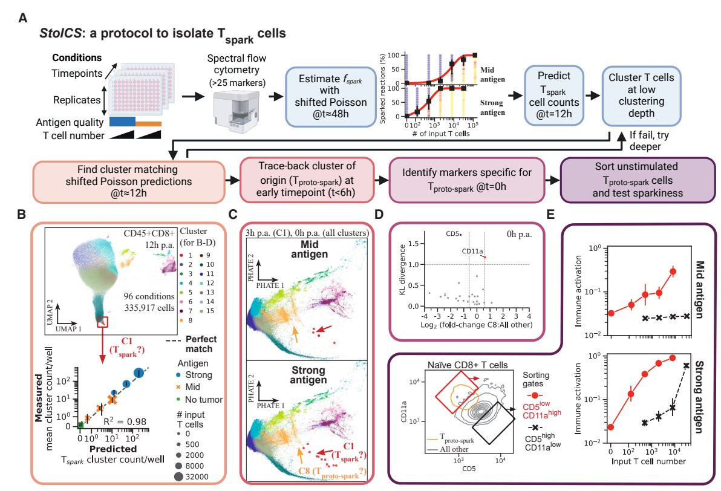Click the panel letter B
click(22, 215)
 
